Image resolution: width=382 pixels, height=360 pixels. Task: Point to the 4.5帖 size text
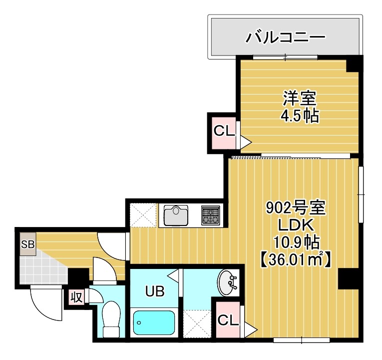pyautogui.click(x=299, y=116)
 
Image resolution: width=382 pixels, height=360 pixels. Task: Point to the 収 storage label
pyautogui.click(x=76, y=297)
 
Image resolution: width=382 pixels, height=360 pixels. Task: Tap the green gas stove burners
pyautogui.click(x=210, y=215)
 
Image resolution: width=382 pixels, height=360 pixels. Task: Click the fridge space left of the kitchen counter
pyautogui.click(x=142, y=215)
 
